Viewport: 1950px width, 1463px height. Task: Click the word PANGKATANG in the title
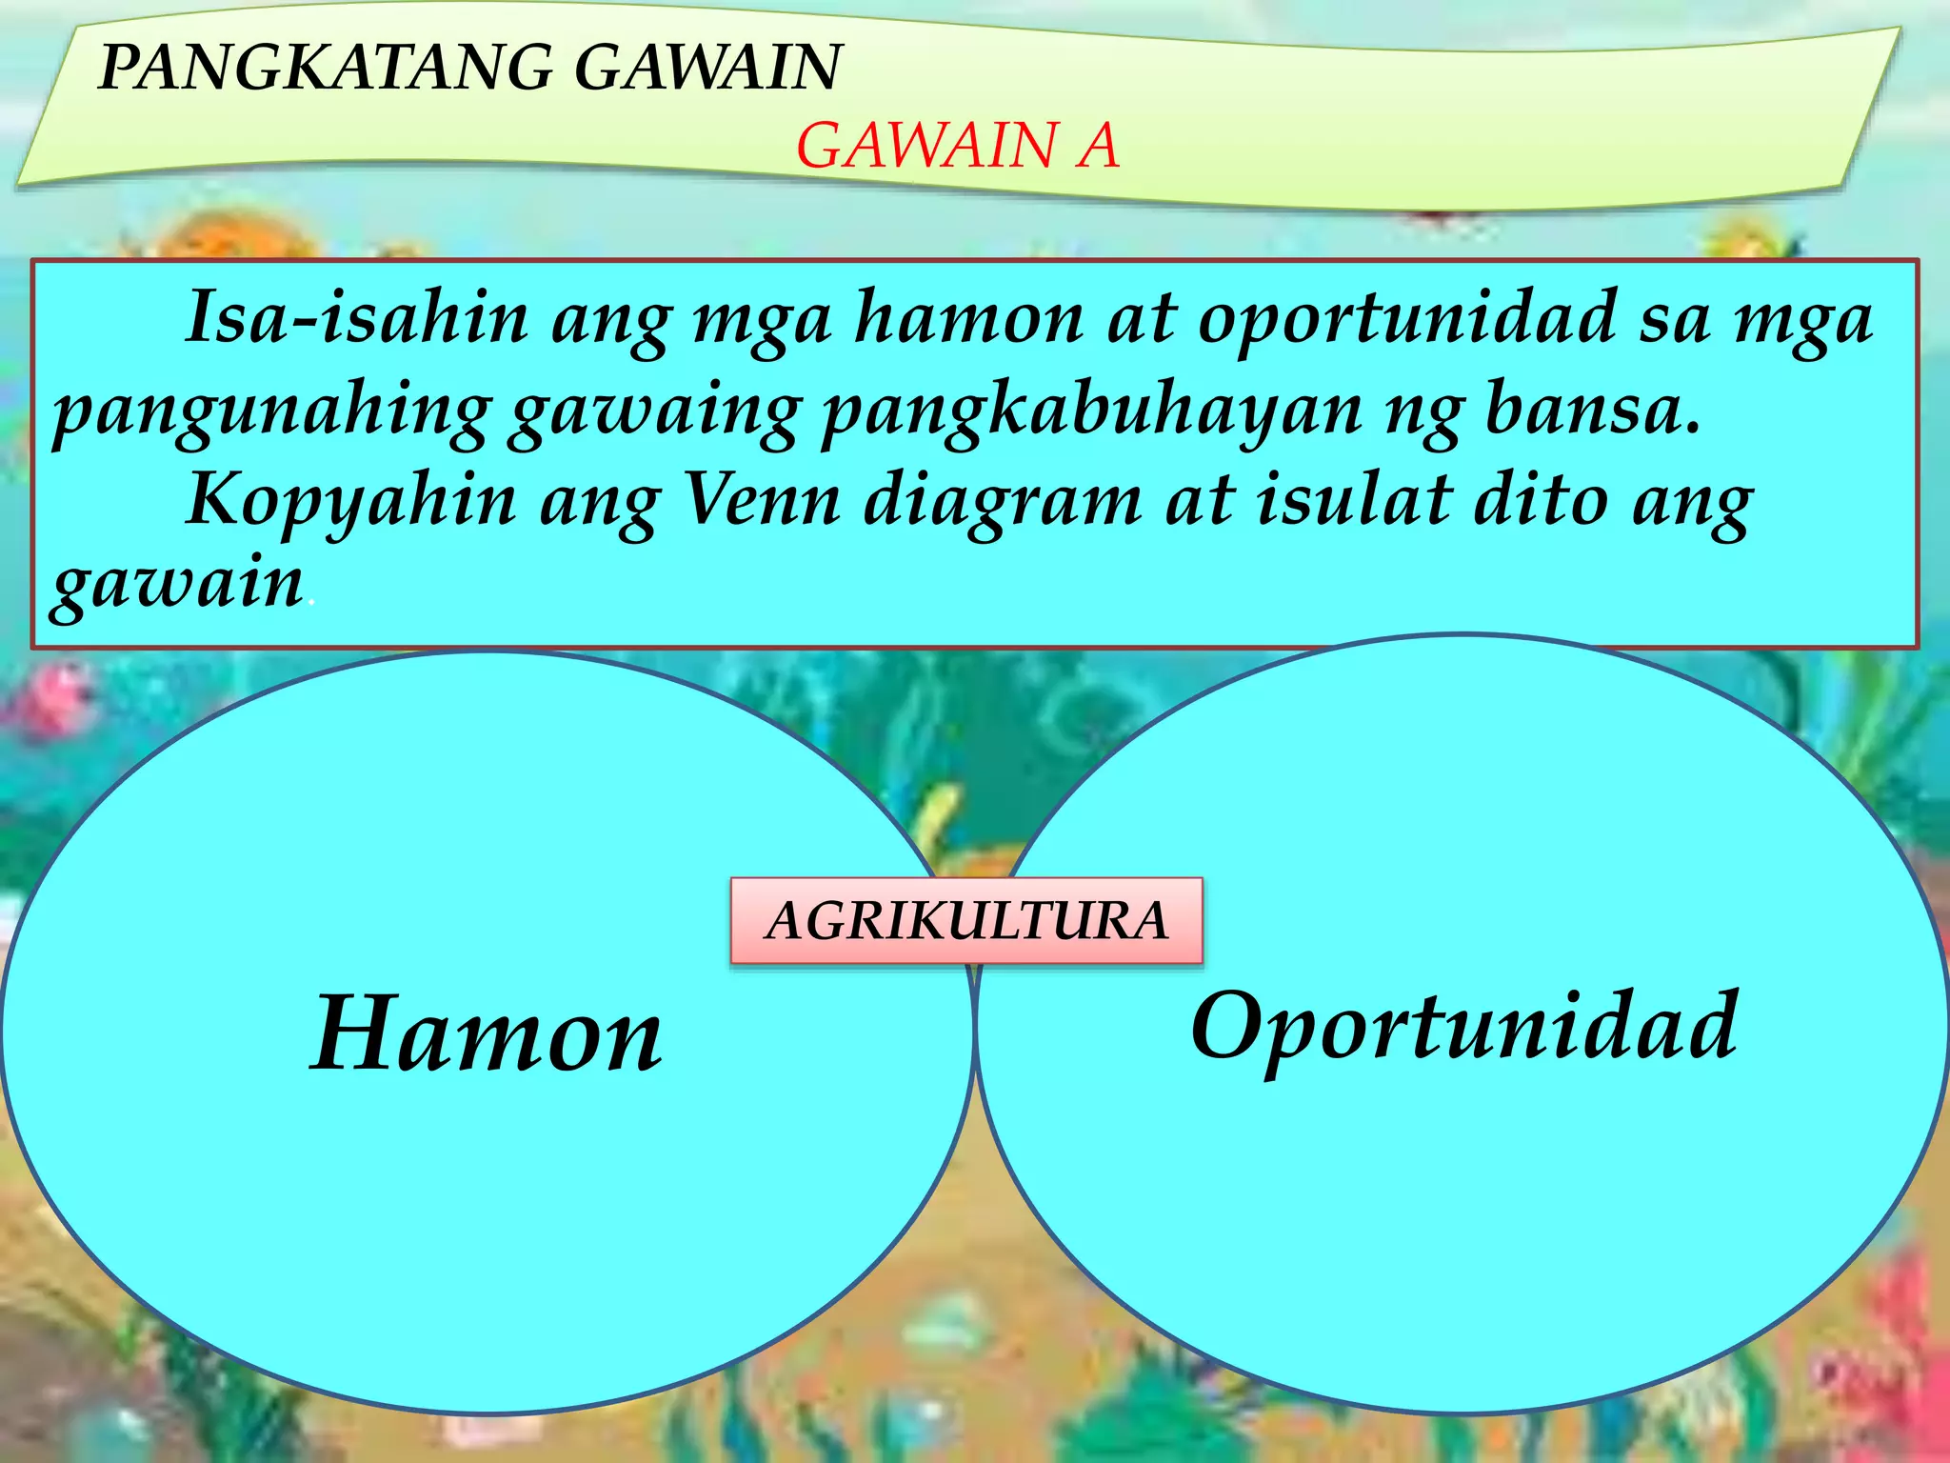point(325,68)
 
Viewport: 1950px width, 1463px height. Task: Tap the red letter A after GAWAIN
point(1098,147)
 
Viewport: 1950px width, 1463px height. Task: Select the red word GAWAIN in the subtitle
point(925,147)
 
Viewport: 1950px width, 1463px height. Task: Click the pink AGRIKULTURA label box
point(966,921)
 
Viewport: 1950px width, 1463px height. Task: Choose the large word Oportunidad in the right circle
point(1464,1028)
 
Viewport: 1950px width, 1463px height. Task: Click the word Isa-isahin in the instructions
point(357,317)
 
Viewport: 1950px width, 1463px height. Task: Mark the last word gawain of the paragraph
point(177,585)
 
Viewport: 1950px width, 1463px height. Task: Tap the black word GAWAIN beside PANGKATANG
point(708,68)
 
